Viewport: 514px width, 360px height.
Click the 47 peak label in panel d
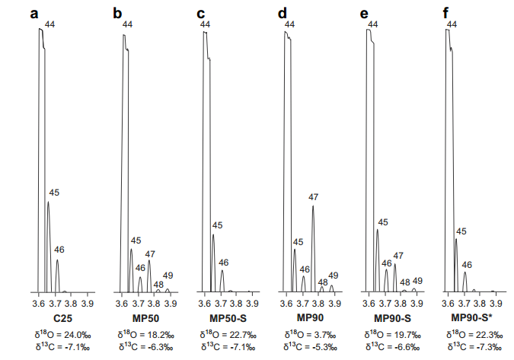coord(313,197)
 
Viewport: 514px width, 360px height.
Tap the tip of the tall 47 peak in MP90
coord(313,205)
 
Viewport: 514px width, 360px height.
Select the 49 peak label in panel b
coord(168,275)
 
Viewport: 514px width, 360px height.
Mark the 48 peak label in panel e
coord(405,282)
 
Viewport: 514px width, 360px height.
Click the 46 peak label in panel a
coord(59,249)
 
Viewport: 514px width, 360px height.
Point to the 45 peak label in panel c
coord(217,225)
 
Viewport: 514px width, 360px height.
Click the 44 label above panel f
coord(452,25)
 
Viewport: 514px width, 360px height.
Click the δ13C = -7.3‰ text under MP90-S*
coord(472,346)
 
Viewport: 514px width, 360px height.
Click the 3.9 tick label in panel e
coord(415,303)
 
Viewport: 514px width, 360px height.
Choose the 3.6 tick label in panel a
coord(40,303)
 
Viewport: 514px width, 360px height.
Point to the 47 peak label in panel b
coord(150,254)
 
